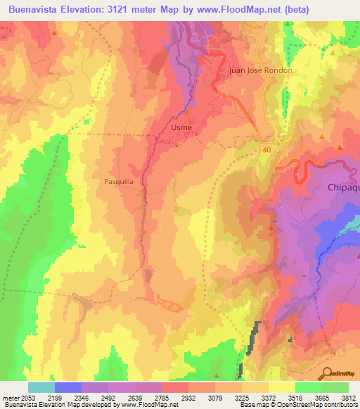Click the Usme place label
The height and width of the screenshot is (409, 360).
(181, 127)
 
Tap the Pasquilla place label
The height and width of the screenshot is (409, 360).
(118, 180)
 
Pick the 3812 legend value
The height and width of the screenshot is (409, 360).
(348, 397)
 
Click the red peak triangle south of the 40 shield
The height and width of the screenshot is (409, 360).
(271, 228)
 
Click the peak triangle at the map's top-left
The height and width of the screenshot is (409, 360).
(53, 32)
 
